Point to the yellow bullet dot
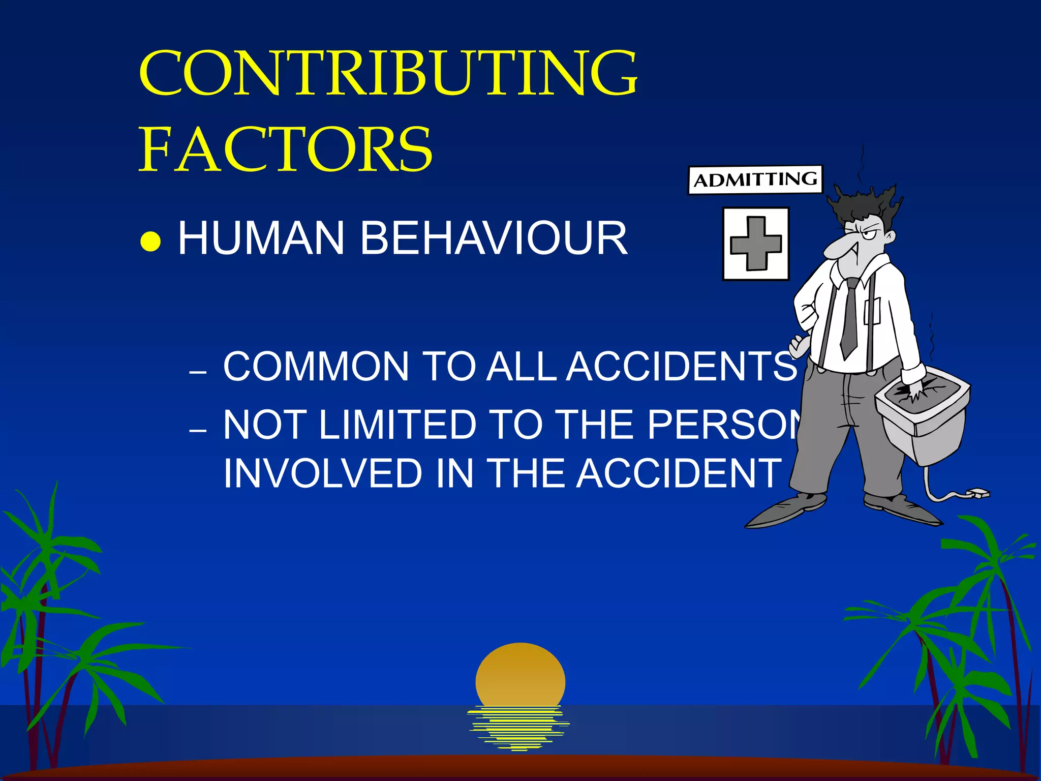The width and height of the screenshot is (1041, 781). (x=150, y=242)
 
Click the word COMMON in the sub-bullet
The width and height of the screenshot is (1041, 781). (x=316, y=366)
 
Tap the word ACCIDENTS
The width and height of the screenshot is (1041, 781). (x=681, y=366)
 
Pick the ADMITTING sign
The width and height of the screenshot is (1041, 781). (x=755, y=179)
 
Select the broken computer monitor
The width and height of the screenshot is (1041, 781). (x=923, y=417)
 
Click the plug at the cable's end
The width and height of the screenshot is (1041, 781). (x=978, y=492)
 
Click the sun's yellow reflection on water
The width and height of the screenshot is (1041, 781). (x=518, y=727)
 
